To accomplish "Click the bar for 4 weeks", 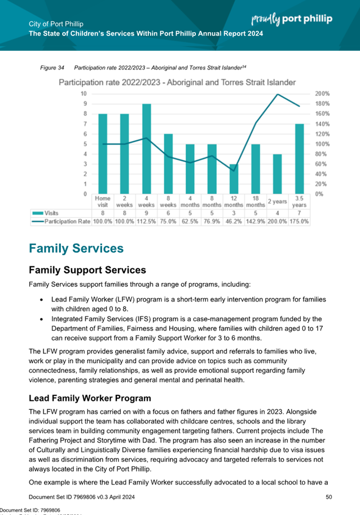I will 146,149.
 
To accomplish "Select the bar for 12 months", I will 234,179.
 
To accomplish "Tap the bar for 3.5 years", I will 299,159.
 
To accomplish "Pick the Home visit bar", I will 103,154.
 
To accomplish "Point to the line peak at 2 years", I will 277,94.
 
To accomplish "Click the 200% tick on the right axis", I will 322,94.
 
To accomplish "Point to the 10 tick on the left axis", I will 84,94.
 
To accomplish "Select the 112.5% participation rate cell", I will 146,221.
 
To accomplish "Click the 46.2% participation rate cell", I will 234,221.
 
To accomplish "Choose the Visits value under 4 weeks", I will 146,213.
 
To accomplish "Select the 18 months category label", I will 255,202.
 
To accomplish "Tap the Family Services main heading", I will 76,248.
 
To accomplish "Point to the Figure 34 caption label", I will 51,68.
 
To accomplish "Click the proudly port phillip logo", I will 292,19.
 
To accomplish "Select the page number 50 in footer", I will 329,496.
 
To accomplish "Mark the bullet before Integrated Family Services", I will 43,318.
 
